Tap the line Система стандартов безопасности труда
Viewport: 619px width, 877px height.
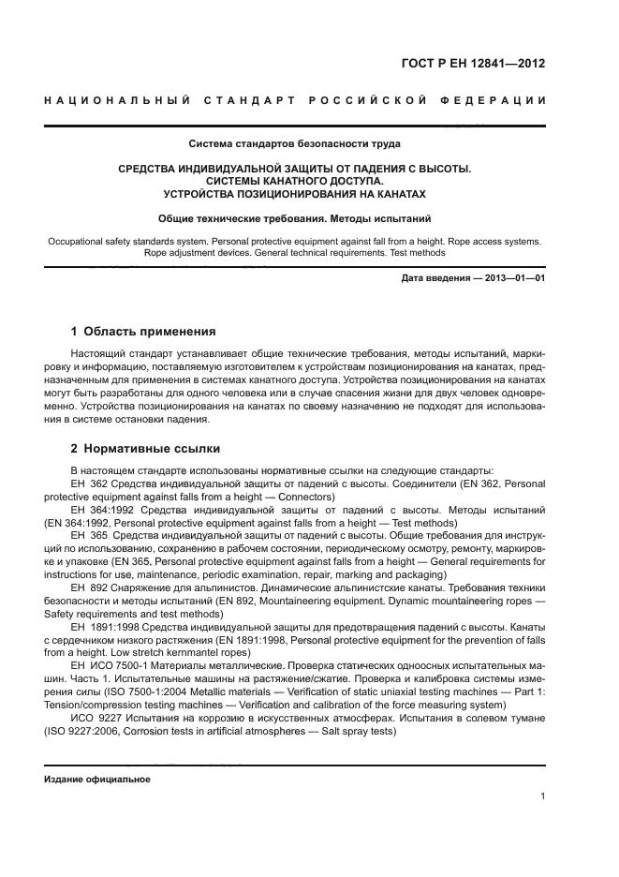[294, 144]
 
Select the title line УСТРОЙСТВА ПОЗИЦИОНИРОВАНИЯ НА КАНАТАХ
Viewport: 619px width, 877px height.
[294, 194]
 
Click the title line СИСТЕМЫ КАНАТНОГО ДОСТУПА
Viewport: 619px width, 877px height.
[294, 181]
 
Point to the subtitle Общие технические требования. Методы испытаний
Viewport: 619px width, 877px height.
[294, 218]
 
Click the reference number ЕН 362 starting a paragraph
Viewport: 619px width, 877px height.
[85, 483]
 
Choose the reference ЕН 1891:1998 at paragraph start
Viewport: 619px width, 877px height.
[100, 630]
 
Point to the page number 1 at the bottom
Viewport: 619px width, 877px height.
[542, 796]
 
